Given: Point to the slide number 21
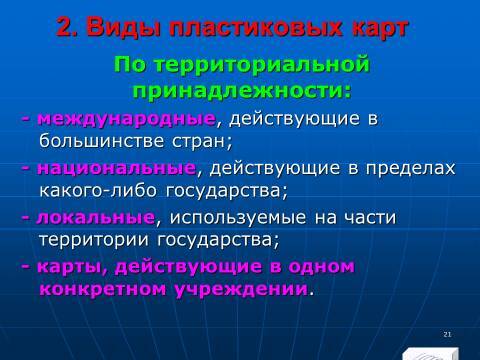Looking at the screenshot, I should pos(446,333).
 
